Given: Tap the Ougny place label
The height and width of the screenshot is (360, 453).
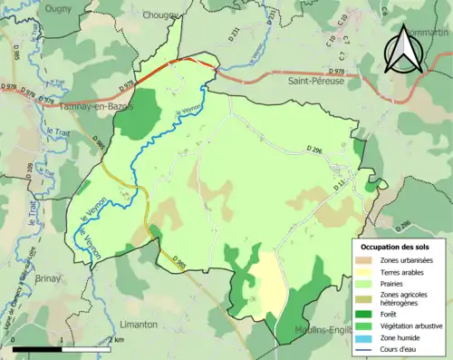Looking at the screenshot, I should pos(34,8).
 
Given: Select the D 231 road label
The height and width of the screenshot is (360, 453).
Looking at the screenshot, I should pos(235,37).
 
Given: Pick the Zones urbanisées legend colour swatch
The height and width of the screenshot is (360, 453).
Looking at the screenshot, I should pos(364,260).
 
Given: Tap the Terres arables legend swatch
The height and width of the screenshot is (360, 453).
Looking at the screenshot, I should pos(364,272).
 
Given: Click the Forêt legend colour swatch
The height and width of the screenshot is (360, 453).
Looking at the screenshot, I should pos(364,315).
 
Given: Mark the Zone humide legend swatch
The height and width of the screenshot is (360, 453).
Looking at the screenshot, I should pos(364,337).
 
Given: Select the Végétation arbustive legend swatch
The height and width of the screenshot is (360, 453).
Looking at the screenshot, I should pos(364,326).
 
